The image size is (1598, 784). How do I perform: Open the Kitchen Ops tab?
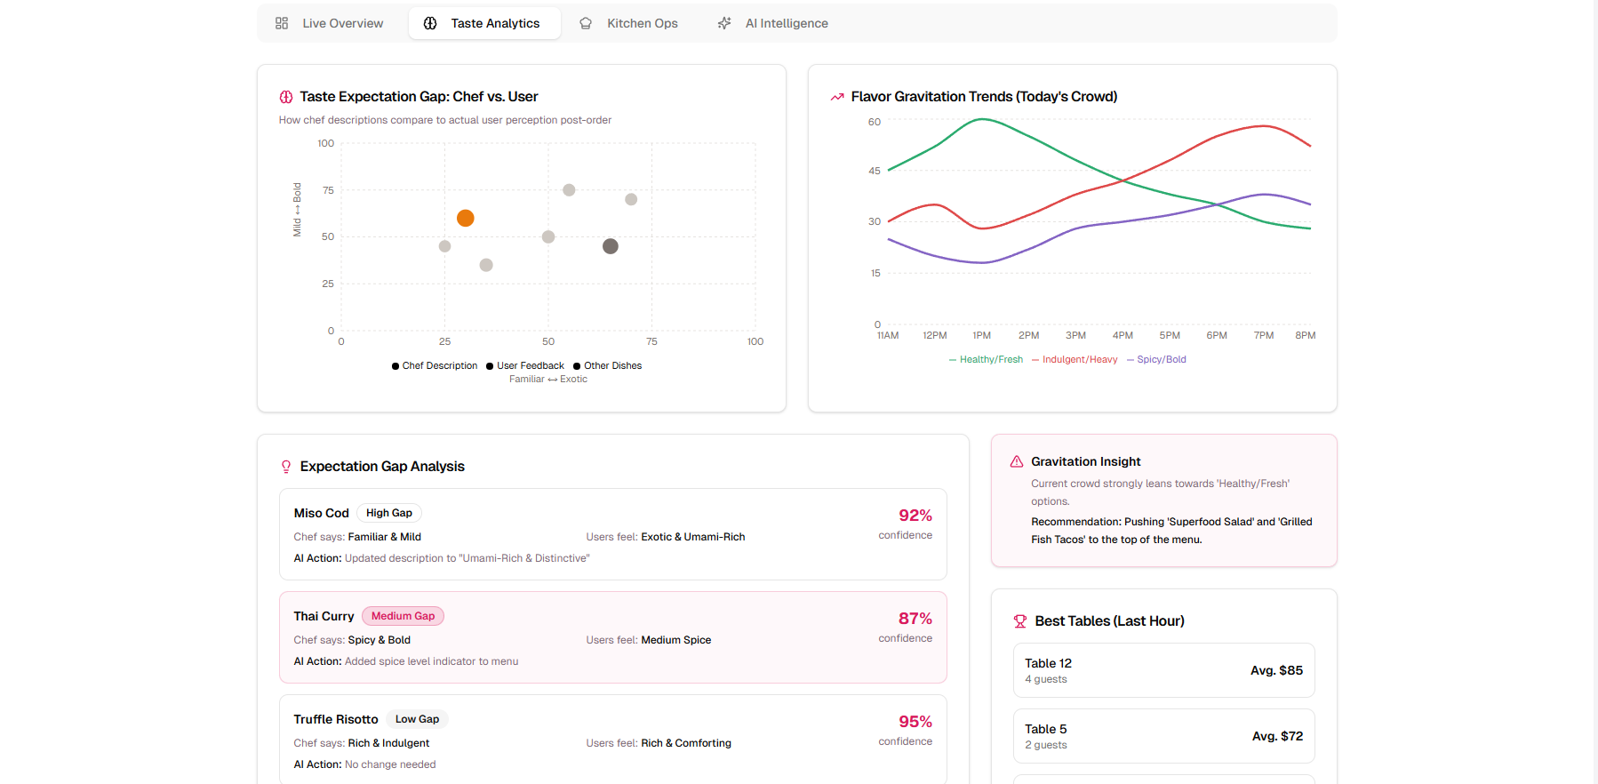[x=629, y=23]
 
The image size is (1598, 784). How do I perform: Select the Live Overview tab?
[x=330, y=23]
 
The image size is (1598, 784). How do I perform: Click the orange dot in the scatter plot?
[x=465, y=218]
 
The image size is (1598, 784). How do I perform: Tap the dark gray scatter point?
[x=610, y=246]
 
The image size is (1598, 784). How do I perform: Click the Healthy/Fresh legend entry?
[x=986, y=359]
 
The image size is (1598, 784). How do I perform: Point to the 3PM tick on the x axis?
[x=1075, y=335]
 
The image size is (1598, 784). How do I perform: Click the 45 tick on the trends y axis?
[x=875, y=171]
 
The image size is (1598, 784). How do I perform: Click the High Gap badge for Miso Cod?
[x=389, y=513]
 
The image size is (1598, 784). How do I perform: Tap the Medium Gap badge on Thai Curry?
[x=403, y=616]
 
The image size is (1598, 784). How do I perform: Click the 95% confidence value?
[x=915, y=721]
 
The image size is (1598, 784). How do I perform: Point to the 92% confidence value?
[x=915, y=515]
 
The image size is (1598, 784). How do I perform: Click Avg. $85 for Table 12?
[x=1276, y=670]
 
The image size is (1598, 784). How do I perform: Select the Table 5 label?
[x=1045, y=729]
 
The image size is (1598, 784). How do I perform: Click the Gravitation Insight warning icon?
[x=1017, y=461]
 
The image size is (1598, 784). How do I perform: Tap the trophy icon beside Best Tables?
[x=1020, y=621]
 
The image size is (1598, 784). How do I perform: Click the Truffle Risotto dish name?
[x=336, y=719]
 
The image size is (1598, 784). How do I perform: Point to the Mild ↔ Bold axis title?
[x=297, y=210]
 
